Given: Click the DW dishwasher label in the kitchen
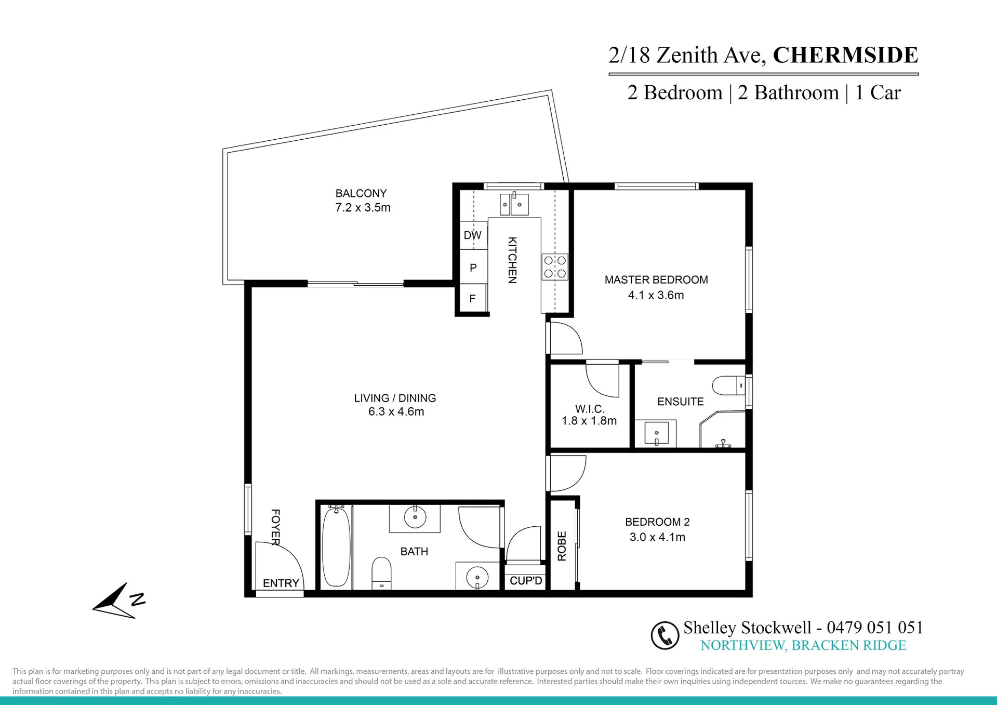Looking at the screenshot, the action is (472, 235).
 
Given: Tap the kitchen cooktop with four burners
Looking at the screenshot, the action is (555, 267).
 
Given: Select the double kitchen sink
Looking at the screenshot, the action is (514, 204).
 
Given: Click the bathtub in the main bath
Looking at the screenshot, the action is (336, 547).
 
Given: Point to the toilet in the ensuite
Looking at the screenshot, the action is (729, 386).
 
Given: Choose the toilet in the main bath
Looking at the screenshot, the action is (381, 574).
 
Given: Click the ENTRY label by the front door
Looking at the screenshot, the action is (281, 583).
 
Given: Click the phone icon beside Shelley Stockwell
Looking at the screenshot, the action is (665, 635).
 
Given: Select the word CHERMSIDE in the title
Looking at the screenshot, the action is (846, 55).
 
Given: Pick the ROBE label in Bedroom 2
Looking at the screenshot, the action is (562, 546).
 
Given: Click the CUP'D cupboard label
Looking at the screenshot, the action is (526, 581).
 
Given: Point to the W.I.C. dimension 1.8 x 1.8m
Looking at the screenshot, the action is (589, 421).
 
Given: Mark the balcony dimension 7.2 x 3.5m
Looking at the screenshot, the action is (363, 208).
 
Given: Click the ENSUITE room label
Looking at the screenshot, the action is (681, 402).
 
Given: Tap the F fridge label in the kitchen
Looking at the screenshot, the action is (472, 299).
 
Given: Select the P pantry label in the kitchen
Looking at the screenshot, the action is (473, 268).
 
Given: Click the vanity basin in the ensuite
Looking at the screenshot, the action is (656, 433).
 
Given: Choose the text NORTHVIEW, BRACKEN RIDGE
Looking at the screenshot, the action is (803, 645).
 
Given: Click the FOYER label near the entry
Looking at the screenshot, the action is (276, 527).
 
